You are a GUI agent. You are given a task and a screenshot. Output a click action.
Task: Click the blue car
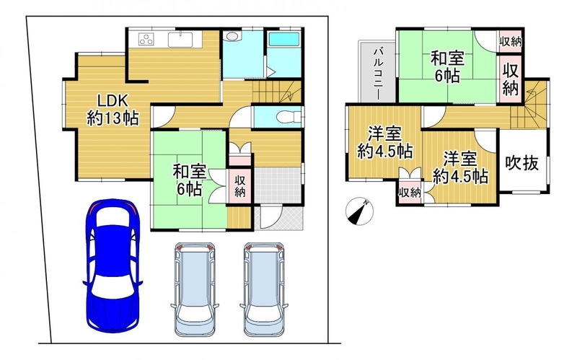tap(113, 265)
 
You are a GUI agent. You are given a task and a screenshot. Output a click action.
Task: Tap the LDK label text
tap(113, 100)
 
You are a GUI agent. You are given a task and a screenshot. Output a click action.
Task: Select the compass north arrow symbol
tap(359, 211)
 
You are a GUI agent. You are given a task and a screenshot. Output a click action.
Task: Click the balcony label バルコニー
tap(377, 74)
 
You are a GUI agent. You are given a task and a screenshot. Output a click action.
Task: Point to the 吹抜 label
tap(521, 162)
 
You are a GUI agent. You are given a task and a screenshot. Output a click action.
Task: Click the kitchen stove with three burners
tap(146, 39)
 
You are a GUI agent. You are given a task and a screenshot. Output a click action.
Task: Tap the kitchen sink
tap(180, 40)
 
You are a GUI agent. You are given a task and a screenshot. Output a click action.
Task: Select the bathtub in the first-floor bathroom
tap(283, 40)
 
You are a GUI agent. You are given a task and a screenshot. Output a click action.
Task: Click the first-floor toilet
tap(289, 117)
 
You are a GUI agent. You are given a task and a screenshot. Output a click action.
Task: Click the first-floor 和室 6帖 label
tap(190, 180)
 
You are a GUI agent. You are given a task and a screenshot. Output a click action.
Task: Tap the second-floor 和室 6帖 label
tap(447, 67)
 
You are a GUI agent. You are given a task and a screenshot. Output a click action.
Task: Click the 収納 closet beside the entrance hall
tap(240, 186)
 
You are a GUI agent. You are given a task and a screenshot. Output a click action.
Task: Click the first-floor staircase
tap(278, 92)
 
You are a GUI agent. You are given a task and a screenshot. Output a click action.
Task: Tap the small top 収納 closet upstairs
tap(510, 41)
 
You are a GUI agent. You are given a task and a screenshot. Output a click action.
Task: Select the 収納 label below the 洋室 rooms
tap(410, 192)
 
